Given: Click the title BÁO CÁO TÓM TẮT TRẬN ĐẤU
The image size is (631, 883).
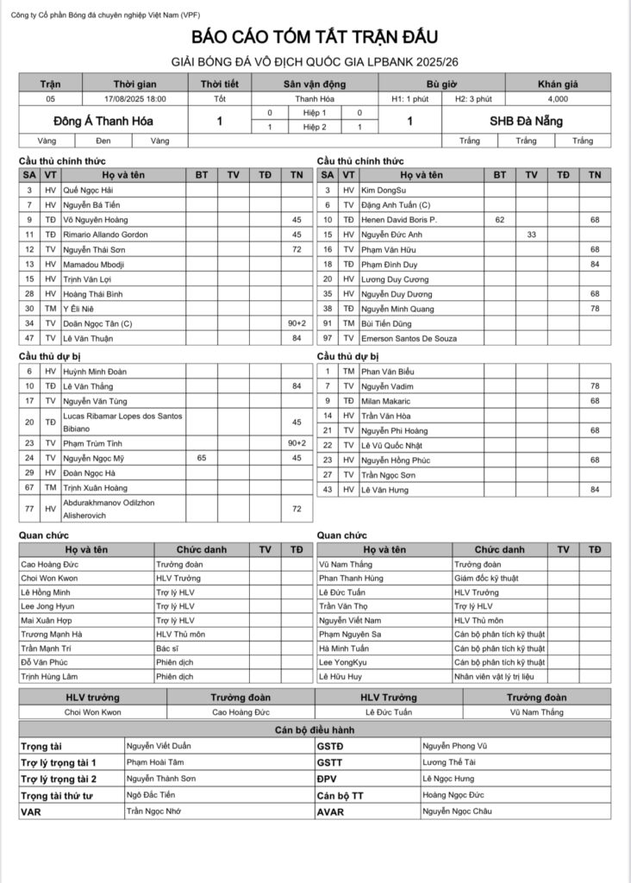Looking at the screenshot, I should point(315,38).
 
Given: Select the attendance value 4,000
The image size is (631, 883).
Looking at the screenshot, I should point(557,99).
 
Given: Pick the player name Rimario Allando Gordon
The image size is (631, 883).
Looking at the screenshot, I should point(106,235).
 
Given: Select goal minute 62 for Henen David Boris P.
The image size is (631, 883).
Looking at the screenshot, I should point(500,220).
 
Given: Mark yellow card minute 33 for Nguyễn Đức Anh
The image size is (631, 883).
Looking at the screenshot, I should point(532,235).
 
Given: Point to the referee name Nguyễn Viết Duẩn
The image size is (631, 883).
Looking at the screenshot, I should point(160,744).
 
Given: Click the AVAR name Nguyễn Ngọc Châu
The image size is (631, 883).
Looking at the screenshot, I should point(457,811).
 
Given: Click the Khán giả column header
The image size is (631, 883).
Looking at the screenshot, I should point(557,84).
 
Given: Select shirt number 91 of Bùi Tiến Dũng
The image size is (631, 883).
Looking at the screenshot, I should point(328,324).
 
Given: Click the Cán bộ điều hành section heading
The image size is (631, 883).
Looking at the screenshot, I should point(315,730).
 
